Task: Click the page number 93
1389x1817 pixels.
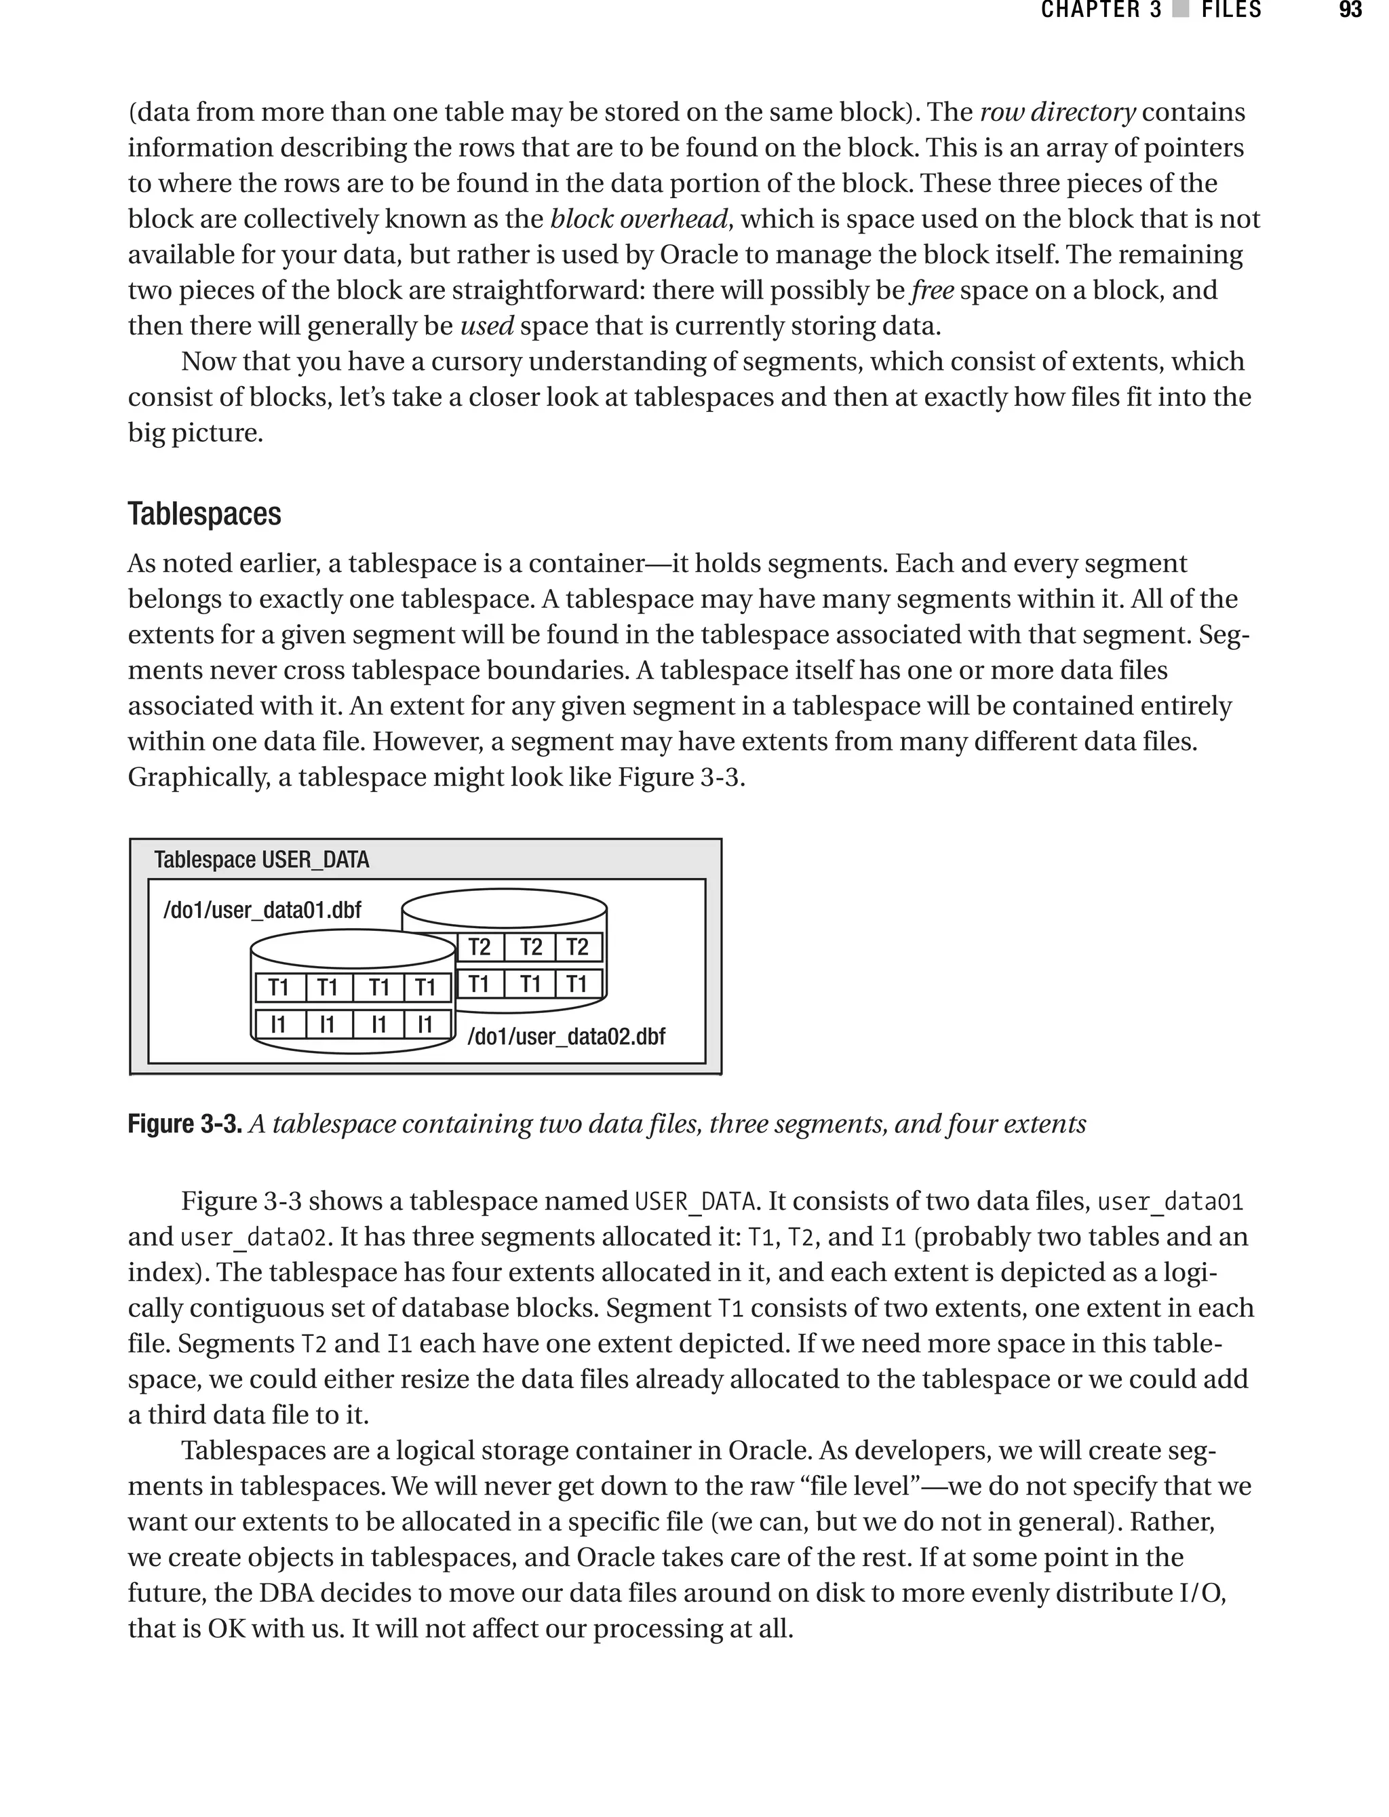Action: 1350,11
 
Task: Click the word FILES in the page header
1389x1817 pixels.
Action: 1231,11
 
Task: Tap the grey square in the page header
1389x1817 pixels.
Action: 1181,11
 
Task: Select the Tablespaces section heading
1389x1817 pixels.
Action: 204,514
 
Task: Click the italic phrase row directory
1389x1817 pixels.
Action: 1057,113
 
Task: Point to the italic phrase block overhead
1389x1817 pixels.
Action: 639,219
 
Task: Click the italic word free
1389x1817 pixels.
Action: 933,290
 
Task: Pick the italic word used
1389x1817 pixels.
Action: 487,326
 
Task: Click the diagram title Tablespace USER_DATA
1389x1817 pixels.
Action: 261,860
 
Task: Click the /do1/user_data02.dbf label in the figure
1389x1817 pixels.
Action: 566,1036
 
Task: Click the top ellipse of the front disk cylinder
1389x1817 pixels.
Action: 353,949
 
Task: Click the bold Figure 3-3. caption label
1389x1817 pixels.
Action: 184,1124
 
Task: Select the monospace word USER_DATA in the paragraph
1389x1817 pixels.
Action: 694,1202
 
